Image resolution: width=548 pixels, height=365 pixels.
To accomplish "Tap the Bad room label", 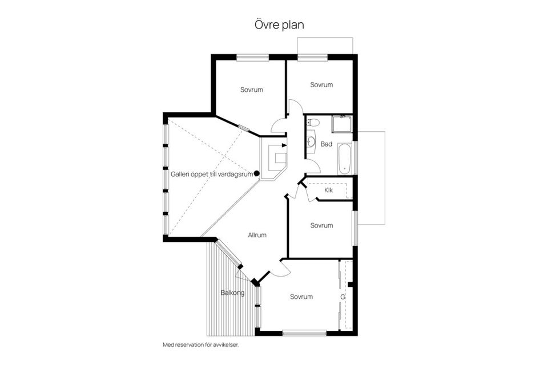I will (326, 144).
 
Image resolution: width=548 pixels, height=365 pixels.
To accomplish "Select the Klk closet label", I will (328, 190).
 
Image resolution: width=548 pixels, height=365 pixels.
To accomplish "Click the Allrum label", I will (257, 235).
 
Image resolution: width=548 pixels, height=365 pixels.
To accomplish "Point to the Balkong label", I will (232, 293).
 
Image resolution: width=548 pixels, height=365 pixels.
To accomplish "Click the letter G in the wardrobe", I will (343, 297).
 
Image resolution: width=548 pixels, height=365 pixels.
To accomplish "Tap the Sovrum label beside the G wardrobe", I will (301, 297).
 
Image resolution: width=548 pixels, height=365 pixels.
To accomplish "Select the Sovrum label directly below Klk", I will (321, 225).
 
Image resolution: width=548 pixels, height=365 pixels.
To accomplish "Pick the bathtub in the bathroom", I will (344, 159).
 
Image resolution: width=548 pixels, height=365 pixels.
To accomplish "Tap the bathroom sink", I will (311, 140).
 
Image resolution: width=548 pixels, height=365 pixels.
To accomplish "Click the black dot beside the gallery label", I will (257, 173).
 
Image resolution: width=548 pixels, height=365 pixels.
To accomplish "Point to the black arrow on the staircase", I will (284, 145).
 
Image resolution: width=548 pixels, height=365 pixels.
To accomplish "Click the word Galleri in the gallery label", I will (182, 173).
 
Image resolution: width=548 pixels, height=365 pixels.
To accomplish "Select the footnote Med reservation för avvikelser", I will (200, 345).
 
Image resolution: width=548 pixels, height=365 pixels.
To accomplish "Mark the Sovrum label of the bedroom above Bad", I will (321, 84).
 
